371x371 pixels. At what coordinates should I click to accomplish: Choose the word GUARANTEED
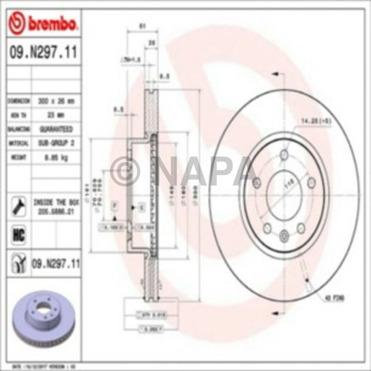click(55, 129)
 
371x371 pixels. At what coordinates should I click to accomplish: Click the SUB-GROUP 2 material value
click(55, 143)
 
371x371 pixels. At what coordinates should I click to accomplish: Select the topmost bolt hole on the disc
click(285, 155)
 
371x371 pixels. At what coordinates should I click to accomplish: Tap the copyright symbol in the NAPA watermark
click(125, 171)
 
